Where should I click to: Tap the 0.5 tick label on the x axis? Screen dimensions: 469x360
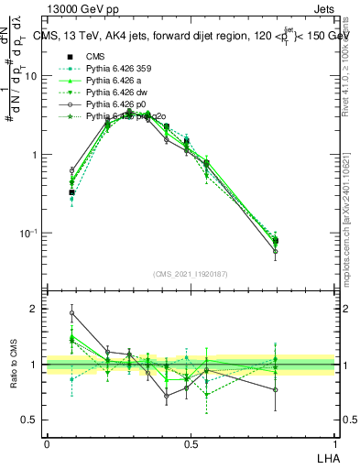pos(191,443)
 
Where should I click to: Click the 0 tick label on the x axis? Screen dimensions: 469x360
pos(47,443)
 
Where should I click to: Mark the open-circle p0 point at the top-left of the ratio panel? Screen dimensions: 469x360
pos(72,312)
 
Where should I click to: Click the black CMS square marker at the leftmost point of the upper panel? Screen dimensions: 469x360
pos(72,192)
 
